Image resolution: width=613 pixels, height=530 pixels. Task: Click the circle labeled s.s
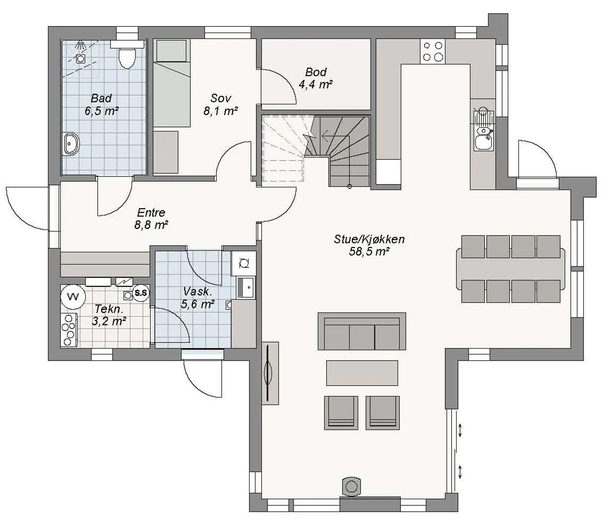click(x=140, y=293)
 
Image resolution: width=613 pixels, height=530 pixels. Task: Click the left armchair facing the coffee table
click(x=341, y=413)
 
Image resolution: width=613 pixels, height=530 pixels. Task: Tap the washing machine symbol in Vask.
click(x=244, y=263)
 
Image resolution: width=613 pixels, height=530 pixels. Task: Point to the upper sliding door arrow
click(x=460, y=430)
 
